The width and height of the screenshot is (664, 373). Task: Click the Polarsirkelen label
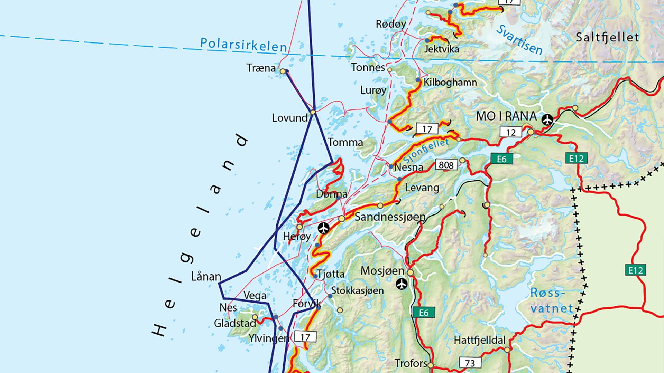point(243,45)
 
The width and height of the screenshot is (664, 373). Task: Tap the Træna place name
point(261,68)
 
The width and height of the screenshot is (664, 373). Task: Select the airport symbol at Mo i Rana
point(547,120)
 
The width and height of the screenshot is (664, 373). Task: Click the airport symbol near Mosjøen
point(402,284)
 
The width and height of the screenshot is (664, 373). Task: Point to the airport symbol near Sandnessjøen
point(324,228)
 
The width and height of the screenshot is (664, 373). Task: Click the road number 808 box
point(446,165)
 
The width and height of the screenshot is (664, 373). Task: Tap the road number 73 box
point(470,363)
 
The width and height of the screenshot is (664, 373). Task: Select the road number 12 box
point(510,132)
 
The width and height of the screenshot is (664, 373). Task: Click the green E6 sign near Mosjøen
point(423,313)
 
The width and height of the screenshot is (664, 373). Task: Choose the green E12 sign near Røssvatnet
point(635,270)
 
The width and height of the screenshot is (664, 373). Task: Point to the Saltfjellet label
point(607,37)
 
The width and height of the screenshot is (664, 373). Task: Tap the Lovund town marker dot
point(313,112)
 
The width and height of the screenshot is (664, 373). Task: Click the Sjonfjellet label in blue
point(426,151)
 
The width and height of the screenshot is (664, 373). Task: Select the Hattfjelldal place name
point(479,341)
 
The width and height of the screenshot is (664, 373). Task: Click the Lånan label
point(206,277)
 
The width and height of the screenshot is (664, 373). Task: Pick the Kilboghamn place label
point(450,82)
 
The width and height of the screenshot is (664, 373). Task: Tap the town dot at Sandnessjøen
point(342,219)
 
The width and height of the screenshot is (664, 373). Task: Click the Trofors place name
point(411,363)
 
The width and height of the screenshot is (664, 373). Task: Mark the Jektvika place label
point(442,49)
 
